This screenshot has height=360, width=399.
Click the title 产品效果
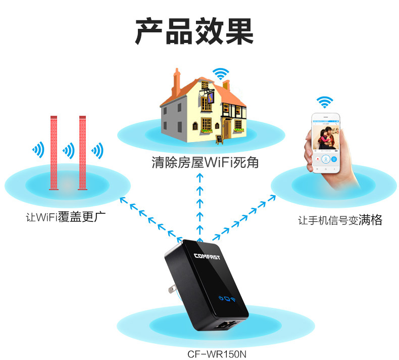click(x=194, y=31)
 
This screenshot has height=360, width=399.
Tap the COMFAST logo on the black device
click(x=211, y=256)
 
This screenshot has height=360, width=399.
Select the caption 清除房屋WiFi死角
click(x=205, y=163)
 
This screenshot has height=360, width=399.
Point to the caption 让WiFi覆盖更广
click(x=69, y=218)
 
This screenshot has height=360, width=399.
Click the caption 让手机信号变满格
click(x=339, y=220)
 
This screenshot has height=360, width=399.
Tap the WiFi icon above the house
click(x=221, y=74)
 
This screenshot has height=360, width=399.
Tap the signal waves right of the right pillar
click(x=97, y=150)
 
